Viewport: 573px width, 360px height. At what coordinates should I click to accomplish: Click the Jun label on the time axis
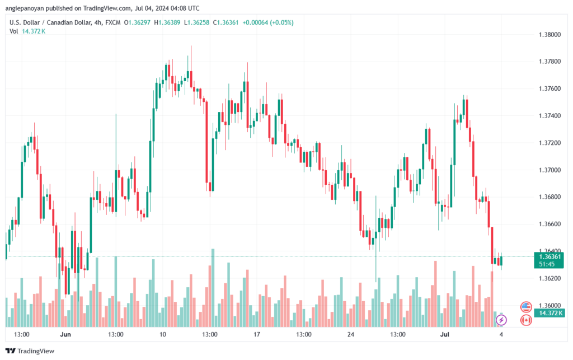[x=66, y=334]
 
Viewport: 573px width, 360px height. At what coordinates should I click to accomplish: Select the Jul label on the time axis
[x=445, y=334]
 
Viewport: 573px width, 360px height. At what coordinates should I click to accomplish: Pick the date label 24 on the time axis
[x=351, y=334]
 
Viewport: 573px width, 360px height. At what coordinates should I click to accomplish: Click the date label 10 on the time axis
[x=163, y=334]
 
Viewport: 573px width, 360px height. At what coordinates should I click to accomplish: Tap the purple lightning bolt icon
[x=501, y=320]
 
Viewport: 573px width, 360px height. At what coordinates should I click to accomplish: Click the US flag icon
[x=525, y=306]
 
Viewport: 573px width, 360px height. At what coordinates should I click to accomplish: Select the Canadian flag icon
[x=525, y=320]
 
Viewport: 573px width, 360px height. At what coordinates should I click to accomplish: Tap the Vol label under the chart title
[x=14, y=31]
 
